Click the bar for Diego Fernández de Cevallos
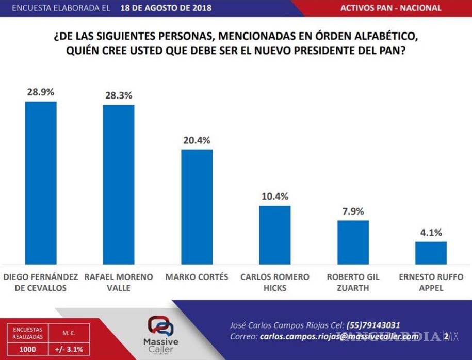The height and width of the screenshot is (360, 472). pyautogui.click(x=41, y=183)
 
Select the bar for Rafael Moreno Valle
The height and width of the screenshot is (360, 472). pyautogui.click(x=119, y=185)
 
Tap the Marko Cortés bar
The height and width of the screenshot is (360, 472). pyautogui.click(x=197, y=207)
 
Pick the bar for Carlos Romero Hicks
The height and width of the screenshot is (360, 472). pyautogui.click(x=274, y=235)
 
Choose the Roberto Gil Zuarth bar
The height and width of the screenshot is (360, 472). pyautogui.click(x=353, y=242)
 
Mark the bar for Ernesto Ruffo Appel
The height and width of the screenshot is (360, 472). pyautogui.click(x=431, y=253)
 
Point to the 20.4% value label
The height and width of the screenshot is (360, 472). pyautogui.click(x=197, y=140)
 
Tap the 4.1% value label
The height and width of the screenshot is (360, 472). pyautogui.click(x=431, y=233)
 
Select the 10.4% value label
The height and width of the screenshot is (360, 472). pyautogui.click(x=274, y=197)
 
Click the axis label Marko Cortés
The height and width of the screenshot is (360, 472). pyautogui.click(x=197, y=277)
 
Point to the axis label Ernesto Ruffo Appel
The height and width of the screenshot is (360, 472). pyautogui.click(x=431, y=282)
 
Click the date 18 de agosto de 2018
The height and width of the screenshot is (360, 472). pyautogui.click(x=162, y=8)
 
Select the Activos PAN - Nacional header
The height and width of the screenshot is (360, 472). pyautogui.click(x=391, y=8)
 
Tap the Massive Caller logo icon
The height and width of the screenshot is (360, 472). pyautogui.click(x=161, y=326)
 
